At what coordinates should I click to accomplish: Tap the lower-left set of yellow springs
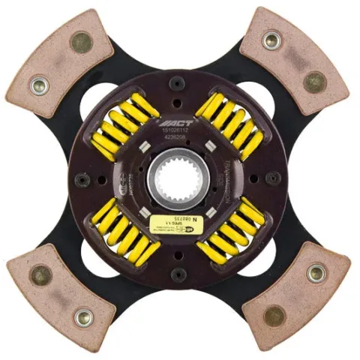pos(124,229)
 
